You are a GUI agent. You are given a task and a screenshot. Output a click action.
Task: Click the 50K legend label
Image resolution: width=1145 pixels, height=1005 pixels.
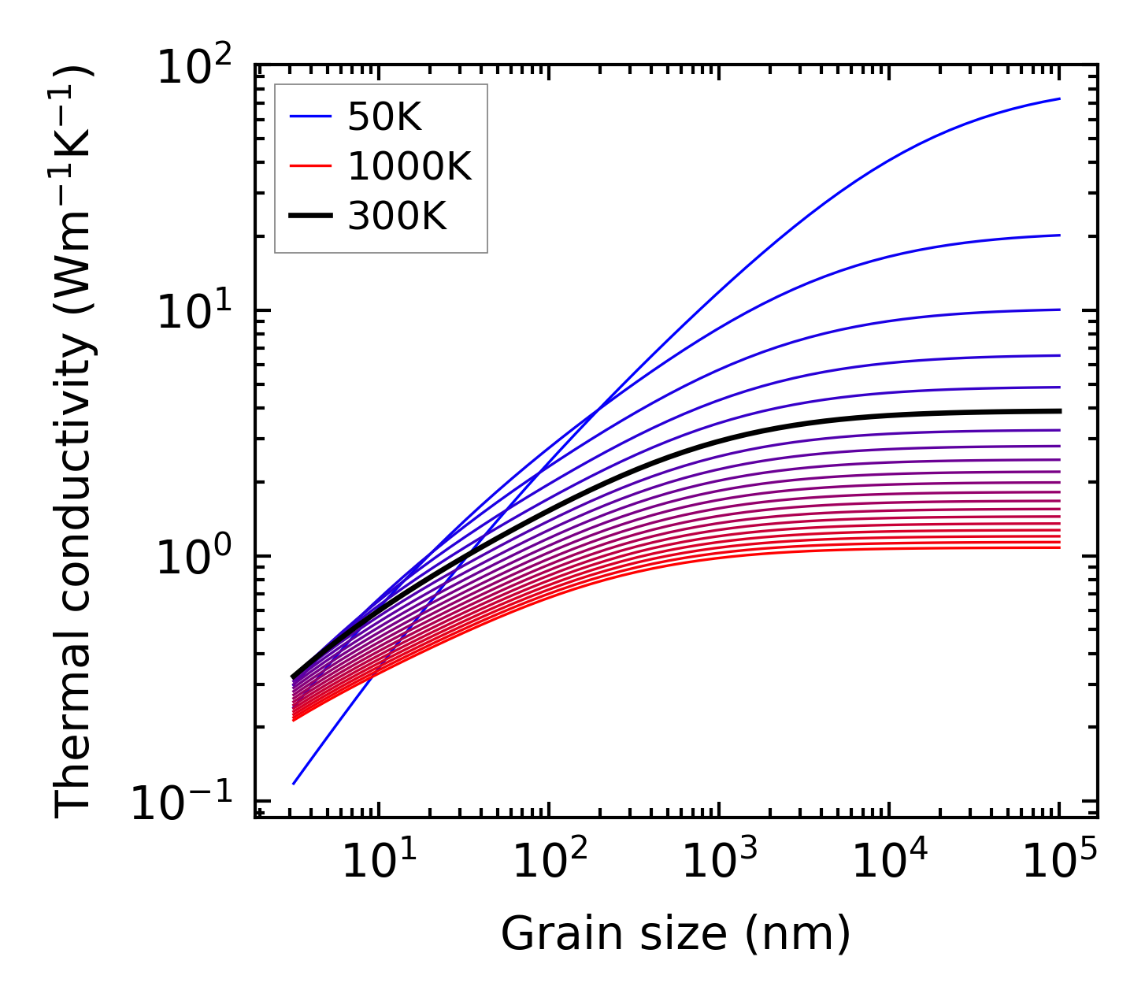(385, 118)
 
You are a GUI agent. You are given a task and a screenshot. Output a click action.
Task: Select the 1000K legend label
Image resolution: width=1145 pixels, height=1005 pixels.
(409, 167)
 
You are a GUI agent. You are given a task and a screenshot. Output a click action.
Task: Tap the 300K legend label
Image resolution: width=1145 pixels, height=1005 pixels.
(397, 216)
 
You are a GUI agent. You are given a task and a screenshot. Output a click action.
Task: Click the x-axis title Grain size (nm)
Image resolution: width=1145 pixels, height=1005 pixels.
(676, 935)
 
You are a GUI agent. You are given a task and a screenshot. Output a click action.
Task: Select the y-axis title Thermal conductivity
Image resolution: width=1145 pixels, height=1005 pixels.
(74, 441)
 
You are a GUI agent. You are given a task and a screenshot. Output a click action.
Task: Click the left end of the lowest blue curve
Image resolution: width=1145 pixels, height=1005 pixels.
(293, 784)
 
